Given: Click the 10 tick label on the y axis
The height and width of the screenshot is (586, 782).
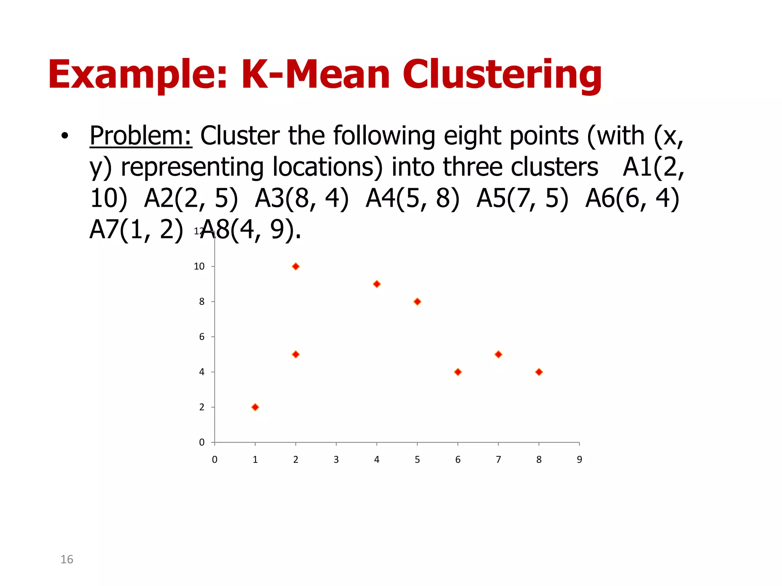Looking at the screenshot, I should point(199,266).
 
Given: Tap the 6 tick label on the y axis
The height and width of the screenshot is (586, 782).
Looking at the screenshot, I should point(202,337).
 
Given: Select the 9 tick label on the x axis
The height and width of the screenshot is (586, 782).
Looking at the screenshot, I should point(579,460).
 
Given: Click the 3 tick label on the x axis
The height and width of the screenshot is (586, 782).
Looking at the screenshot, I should point(336,460).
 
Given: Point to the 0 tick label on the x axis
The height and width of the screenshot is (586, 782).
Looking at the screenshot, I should point(215,460).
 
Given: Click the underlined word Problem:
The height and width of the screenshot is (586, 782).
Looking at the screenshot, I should point(141,136).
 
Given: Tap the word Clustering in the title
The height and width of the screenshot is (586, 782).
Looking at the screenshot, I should point(502,75).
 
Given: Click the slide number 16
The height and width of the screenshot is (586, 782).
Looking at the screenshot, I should point(67,559).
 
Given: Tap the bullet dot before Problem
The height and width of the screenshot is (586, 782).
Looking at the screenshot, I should point(65,136).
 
